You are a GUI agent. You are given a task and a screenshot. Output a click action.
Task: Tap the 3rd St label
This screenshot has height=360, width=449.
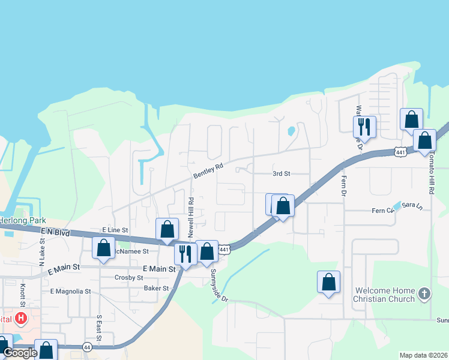[282, 173]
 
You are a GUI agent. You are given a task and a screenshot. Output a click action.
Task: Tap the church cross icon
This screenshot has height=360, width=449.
[424, 293]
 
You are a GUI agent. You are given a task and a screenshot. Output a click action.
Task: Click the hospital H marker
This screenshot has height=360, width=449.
[22, 318]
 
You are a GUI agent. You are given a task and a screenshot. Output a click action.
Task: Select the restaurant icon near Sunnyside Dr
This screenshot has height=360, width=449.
[185, 253]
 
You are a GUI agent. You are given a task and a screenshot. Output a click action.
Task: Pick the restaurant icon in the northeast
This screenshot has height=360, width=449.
[364, 127]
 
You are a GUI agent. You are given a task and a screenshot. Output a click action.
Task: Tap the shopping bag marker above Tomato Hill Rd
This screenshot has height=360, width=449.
[425, 141]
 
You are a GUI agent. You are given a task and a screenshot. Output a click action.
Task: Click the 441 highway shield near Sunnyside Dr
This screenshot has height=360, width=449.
[224, 249]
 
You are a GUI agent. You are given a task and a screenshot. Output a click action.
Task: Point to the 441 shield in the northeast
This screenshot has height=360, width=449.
[400, 152]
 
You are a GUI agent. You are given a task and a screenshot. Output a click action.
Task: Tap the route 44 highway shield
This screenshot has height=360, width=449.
[87, 347]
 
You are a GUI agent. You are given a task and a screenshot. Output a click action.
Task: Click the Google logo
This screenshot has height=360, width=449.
[20, 353]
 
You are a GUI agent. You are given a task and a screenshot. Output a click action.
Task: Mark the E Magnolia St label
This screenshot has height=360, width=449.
[70, 292]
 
